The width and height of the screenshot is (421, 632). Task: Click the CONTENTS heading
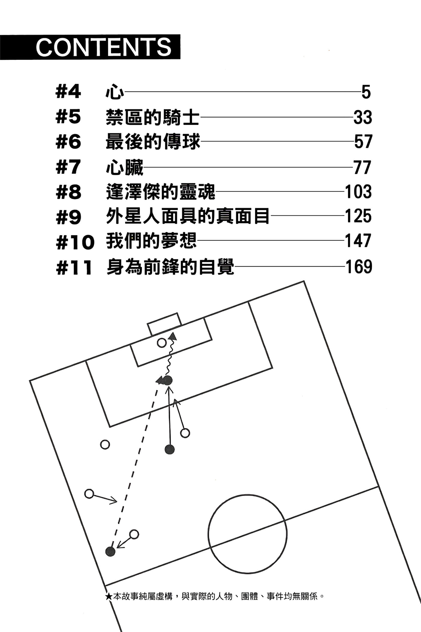coord(103,47)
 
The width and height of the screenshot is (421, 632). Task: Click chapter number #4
coord(68,92)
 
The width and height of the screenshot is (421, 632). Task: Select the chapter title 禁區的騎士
coord(153,117)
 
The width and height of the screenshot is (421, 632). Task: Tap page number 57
coord(363,142)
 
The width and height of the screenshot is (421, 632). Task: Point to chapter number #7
coord(68,167)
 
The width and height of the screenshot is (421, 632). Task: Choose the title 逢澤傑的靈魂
coord(160,192)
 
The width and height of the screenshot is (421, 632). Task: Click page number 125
coord(358,216)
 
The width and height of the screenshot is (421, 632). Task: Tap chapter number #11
coord(74,267)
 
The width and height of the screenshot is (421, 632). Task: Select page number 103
coord(358,192)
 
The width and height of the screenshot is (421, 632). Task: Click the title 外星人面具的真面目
coord(188,216)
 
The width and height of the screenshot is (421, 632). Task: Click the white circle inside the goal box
coord(162,343)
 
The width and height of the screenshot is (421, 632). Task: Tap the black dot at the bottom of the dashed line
coord(110,551)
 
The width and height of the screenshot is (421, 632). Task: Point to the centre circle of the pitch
coord(247,534)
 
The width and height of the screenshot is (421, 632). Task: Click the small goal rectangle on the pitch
coord(164,324)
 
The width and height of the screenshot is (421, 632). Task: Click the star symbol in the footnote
coord(109,596)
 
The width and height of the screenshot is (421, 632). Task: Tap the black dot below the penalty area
coord(169,449)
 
